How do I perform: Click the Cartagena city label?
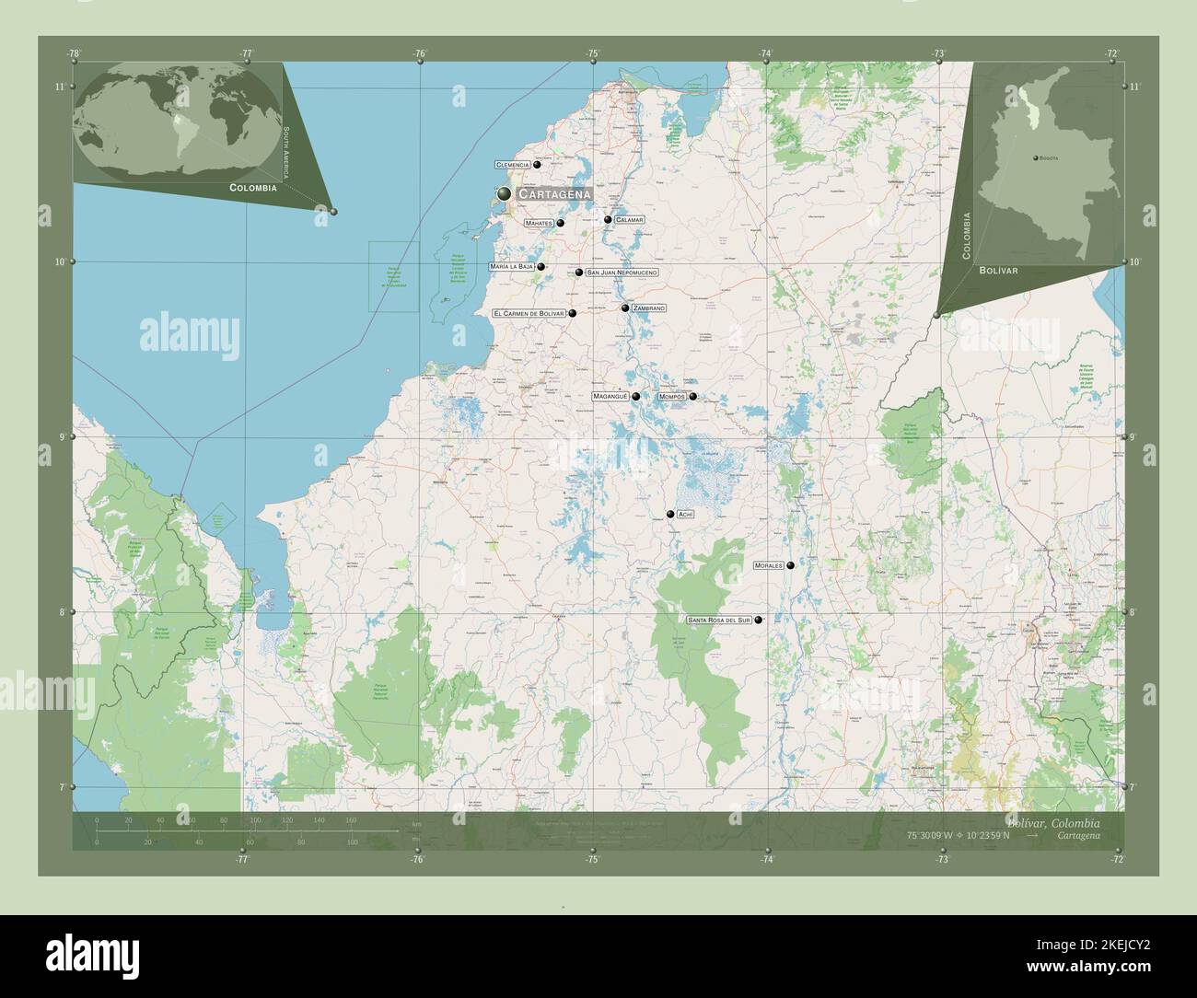pyautogui.click(x=553, y=195)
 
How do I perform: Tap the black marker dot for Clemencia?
pyautogui.click(x=537, y=165)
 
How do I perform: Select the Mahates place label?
pyautogui.click(x=538, y=223)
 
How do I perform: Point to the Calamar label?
pyautogui.click(x=630, y=221)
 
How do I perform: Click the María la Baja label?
pyautogui.click(x=513, y=267)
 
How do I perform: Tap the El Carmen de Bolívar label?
pyautogui.click(x=529, y=314)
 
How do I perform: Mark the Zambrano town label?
pyautogui.click(x=648, y=308)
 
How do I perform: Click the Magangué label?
pyautogui.click(x=610, y=396)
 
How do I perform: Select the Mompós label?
pyautogui.click(x=671, y=397)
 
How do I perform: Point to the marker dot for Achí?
pyautogui.click(x=670, y=515)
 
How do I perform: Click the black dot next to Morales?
pyautogui.click(x=790, y=565)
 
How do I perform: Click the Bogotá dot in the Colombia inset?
pyautogui.click(x=1036, y=158)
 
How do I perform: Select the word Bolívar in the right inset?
pyautogui.click(x=999, y=272)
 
